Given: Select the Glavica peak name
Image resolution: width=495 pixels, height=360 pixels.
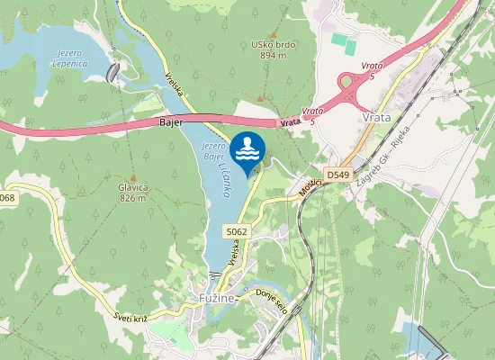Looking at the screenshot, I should coord(132,187).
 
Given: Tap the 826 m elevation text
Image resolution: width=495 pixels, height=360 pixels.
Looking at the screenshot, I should coord(132,198).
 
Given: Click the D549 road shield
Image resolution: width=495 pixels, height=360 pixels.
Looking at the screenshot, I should coord(337,175).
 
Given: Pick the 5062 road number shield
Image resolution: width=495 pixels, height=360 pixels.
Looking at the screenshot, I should coord(237,231).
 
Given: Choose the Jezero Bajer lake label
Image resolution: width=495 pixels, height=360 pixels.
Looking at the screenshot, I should coord(213,150).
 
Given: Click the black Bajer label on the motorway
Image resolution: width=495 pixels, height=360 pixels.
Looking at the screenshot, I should coord(171,121).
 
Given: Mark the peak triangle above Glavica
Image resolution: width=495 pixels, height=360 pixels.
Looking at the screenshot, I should coord(132,177).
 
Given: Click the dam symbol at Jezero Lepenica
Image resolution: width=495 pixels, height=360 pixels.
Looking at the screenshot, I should coord(112,72).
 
